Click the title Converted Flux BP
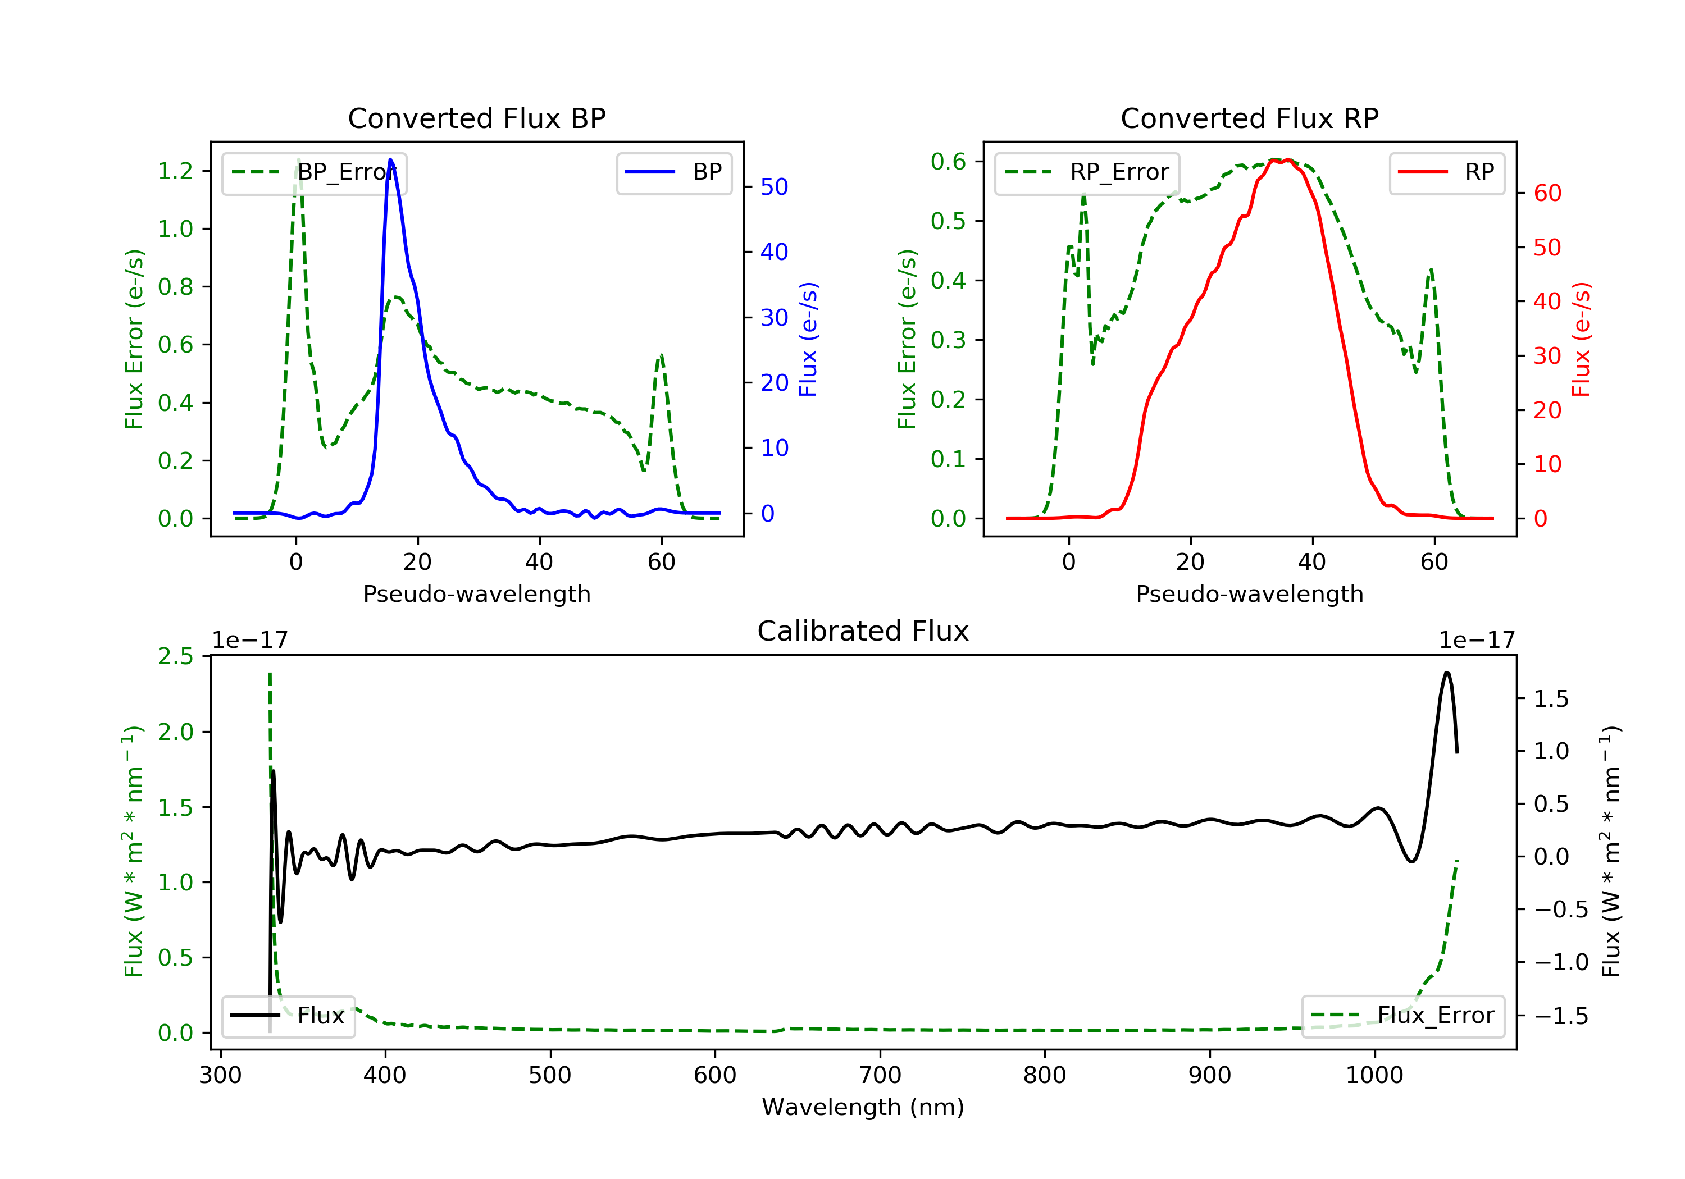coord(476,118)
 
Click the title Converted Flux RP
coord(1249,118)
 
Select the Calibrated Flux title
coord(863,631)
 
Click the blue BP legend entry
coord(673,173)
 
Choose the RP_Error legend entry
coord(1087,173)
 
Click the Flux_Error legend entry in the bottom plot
coord(1402,1016)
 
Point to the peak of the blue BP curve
coord(390,159)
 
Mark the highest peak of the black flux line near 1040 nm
coord(1446,672)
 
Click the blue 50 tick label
coord(774,186)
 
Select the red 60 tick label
coord(1547,193)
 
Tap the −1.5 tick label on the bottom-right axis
coord(1561,1016)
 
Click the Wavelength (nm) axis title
coord(863,1107)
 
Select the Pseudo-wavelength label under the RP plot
coord(1249,593)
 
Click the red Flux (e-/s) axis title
coord(1582,339)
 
